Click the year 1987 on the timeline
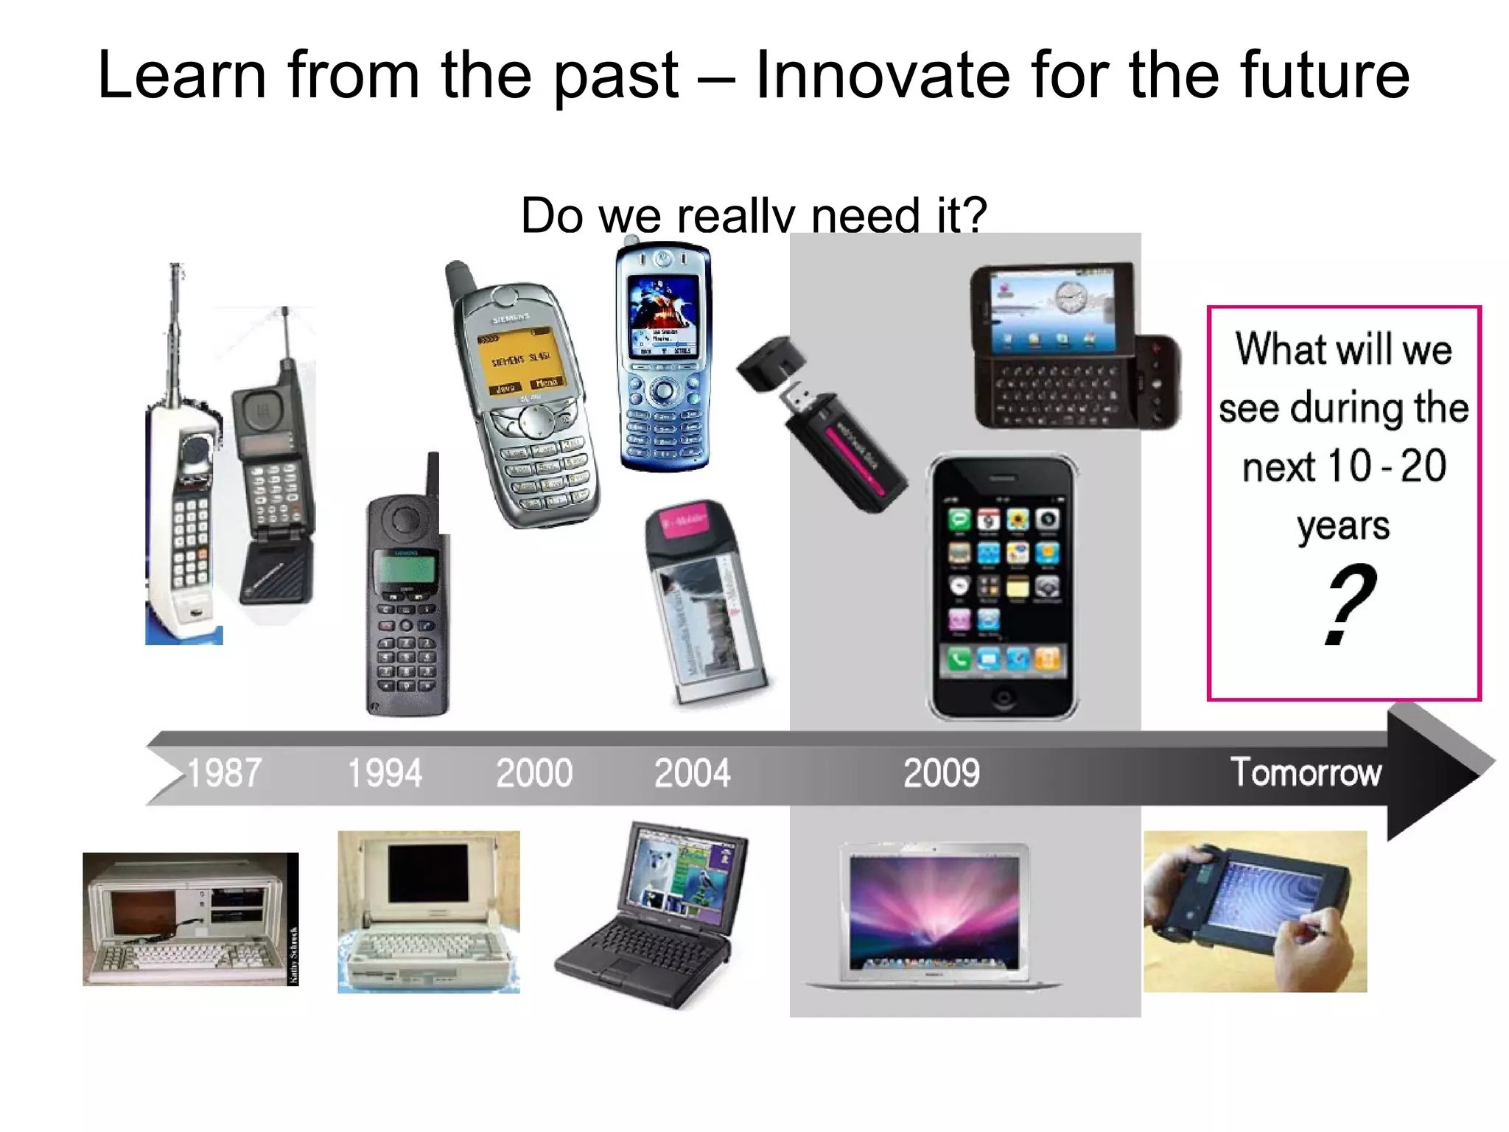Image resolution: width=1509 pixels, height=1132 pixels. [224, 773]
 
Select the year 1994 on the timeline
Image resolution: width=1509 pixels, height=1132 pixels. [385, 773]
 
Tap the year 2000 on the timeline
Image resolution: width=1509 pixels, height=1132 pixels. [534, 773]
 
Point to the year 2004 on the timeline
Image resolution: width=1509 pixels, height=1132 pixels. [692, 773]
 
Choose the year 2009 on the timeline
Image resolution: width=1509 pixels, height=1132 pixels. [942, 773]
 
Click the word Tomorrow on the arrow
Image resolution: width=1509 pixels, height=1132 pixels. [1306, 772]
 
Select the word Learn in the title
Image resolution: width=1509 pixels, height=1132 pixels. [181, 75]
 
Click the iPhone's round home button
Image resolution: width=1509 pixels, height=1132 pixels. [1002, 696]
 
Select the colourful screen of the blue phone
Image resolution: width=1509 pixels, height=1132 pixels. [663, 310]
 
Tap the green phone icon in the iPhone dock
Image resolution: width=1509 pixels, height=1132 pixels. [959, 658]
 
